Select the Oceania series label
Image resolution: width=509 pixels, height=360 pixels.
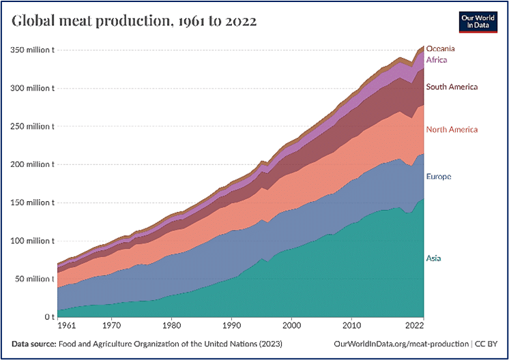440,49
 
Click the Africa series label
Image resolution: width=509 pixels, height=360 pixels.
437,60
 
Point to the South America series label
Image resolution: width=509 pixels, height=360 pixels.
452,87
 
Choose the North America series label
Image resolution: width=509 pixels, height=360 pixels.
452,130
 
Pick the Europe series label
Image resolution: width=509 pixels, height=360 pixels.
439,177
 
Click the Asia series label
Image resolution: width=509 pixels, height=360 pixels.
433,258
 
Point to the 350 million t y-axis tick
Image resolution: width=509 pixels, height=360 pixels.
32,50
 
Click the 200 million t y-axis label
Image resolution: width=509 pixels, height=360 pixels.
32,164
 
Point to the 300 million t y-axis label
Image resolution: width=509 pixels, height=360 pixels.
32,88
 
